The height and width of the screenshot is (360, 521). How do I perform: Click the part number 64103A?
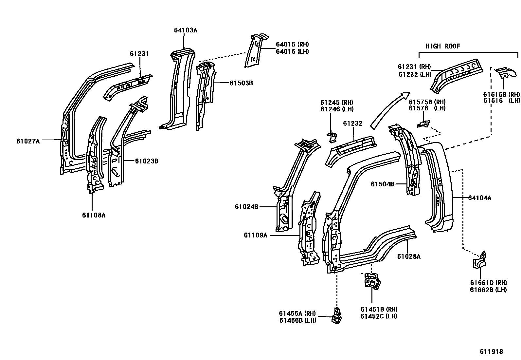click(186, 30)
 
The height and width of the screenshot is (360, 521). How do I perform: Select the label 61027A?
click(28, 141)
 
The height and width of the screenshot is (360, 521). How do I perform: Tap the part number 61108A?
click(94, 215)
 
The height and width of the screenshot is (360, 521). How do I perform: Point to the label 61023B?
click(147, 161)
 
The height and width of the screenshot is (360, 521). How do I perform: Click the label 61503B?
click(241, 83)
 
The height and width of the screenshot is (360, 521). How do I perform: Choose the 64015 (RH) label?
click(292, 44)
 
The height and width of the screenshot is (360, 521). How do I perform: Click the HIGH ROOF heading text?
click(442, 46)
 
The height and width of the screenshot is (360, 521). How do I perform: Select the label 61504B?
click(382, 184)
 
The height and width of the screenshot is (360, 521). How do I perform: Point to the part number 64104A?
click(479, 198)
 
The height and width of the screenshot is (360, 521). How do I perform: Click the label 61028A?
click(409, 256)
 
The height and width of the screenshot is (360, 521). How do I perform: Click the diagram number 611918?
click(491, 351)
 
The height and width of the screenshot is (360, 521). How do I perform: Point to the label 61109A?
click(255, 235)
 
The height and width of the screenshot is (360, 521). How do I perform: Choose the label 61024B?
click(246, 207)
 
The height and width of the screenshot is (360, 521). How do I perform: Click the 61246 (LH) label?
click(337, 109)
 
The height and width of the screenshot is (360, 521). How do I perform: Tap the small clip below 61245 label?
click(332, 137)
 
